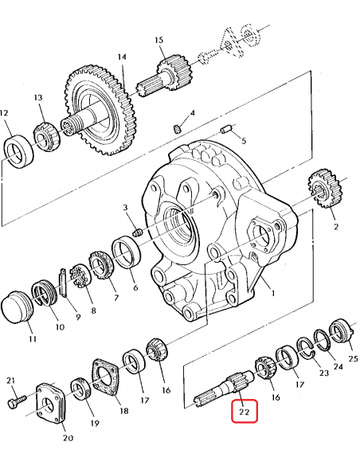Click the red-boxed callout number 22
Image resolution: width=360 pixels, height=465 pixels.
coord(244,412)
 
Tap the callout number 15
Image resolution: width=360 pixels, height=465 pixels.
coord(159,40)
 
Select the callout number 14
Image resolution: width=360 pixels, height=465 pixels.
coord(122,57)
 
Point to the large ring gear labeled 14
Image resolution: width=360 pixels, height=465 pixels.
coord(101,111)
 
